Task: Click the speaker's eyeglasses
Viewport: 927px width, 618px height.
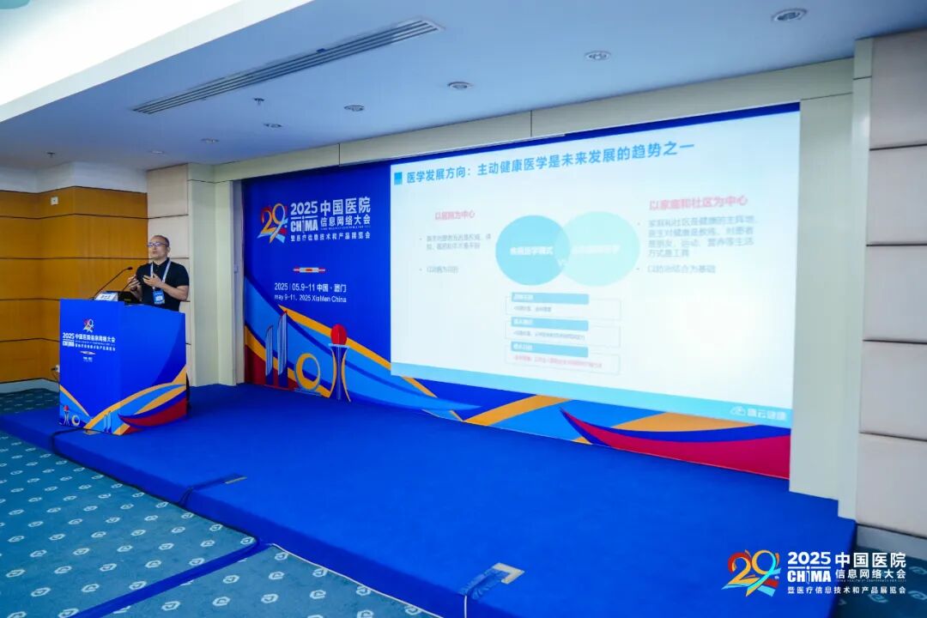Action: [x=158, y=245]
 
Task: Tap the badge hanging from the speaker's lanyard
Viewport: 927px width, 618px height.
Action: [x=159, y=296]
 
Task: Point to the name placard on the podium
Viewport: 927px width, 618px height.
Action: [x=106, y=296]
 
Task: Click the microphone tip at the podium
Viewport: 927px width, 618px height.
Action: [x=130, y=270]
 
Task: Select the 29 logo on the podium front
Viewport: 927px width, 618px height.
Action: [x=88, y=326]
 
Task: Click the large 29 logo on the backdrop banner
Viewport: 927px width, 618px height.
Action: [x=273, y=222]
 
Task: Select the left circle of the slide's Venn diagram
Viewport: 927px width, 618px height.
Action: [x=530, y=251]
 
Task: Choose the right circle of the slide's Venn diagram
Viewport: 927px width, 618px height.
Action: [x=600, y=248]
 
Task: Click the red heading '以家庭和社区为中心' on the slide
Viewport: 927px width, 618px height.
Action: [x=698, y=203]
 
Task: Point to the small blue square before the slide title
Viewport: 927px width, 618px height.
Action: [x=397, y=178]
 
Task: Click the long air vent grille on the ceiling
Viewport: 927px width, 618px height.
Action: [x=288, y=66]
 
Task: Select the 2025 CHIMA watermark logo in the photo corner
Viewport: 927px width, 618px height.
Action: [x=815, y=572]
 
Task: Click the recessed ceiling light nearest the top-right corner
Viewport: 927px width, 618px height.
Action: [x=789, y=15]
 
